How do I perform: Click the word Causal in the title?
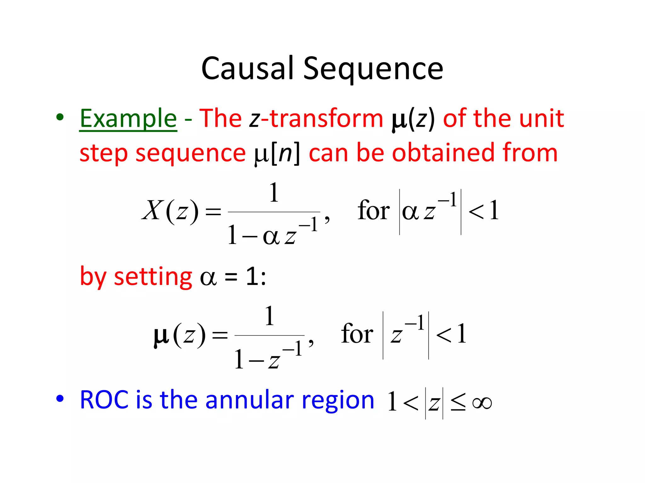click(247, 68)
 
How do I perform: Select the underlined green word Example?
click(128, 119)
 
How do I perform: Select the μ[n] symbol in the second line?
click(277, 154)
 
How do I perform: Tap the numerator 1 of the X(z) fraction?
click(274, 192)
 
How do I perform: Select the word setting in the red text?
click(153, 277)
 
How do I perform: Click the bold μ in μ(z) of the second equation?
click(161, 336)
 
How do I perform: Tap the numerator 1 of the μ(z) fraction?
click(269, 316)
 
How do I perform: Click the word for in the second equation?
click(357, 334)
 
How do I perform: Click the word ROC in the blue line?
click(104, 400)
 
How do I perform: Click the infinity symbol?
click(482, 403)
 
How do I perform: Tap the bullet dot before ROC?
click(60, 399)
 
